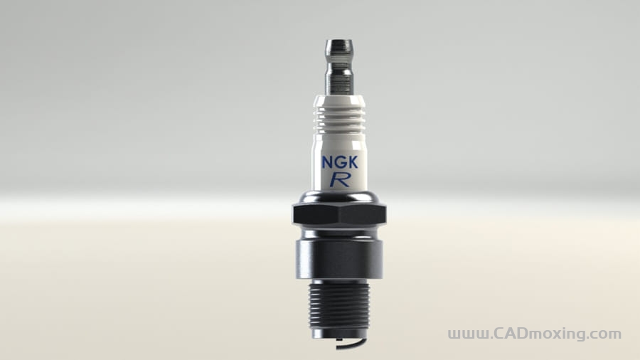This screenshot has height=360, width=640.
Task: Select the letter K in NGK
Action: click(353, 162)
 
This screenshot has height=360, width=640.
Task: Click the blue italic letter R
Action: click(340, 179)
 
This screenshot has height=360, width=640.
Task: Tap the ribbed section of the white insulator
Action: click(339, 117)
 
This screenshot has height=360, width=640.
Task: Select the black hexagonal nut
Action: click(340, 214)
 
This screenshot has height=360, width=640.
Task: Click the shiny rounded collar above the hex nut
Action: click(340, 197)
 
